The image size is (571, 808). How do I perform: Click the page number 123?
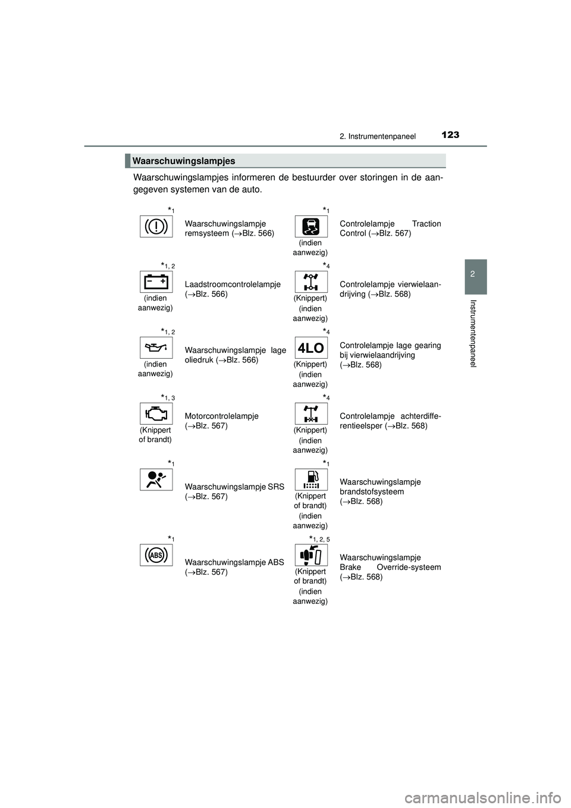pos(450,135)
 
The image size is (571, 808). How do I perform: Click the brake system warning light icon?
pos(156,227)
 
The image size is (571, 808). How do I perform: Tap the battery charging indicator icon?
pos(156,281)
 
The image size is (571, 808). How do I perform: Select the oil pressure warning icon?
pos(156,347)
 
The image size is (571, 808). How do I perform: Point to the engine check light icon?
pos(156,414)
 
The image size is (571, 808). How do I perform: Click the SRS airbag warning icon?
pos(156,480)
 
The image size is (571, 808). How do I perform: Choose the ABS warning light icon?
pos(156,555)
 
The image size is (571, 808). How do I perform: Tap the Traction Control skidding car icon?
pos(311,227)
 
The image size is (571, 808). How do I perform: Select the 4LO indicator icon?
pos(311,347)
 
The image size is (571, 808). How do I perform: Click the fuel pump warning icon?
pos(311,480)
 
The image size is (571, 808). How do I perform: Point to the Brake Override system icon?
pos(311,555)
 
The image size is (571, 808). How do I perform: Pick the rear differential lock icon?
pos(311,414)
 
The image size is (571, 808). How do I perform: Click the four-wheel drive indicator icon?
pos(311,281)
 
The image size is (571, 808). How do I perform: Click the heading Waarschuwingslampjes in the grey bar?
pos(184,161)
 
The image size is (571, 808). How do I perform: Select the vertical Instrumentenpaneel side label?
pos(474,333)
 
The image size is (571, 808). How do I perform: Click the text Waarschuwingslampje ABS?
pos(234,562)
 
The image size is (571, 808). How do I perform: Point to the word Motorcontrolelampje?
pos(221,416)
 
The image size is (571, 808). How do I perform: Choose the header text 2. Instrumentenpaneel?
pos(377,136)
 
